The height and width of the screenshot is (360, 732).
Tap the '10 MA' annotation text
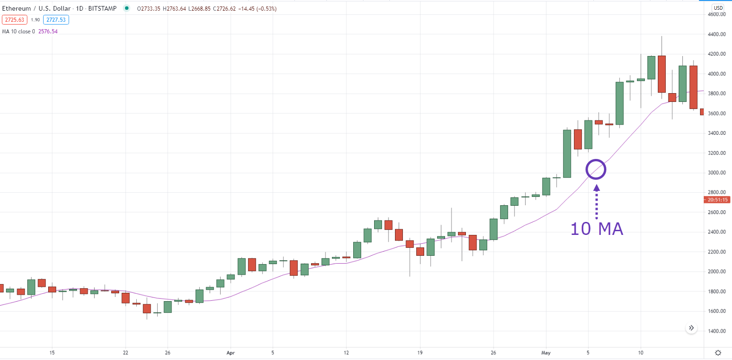[597, 229]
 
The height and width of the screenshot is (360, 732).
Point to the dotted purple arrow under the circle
[597, 202]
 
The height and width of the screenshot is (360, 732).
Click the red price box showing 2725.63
[15, 20]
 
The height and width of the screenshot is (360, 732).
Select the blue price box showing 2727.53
[56, 20]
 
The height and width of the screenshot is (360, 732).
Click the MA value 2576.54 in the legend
[48, 32]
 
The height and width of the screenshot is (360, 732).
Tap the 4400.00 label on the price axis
[717, 34]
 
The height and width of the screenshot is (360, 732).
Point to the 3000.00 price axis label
[717, 173]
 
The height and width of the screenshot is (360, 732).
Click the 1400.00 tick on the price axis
[717, 331]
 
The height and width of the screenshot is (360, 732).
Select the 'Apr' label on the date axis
[231, 353]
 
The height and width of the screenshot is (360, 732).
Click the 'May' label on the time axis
[546, 353]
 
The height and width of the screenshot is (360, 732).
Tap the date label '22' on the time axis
[126, 353]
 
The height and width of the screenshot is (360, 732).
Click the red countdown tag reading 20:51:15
[717, 200]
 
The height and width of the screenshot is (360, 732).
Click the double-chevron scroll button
[692, 328]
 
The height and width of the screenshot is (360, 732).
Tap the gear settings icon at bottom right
[718, 353]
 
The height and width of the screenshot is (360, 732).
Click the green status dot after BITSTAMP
[127, 8]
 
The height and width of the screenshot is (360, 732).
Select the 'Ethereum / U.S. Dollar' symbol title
[36, 8]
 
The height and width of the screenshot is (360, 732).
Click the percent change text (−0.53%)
[267, 9]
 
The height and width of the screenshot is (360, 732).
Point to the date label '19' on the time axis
[420, 353]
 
